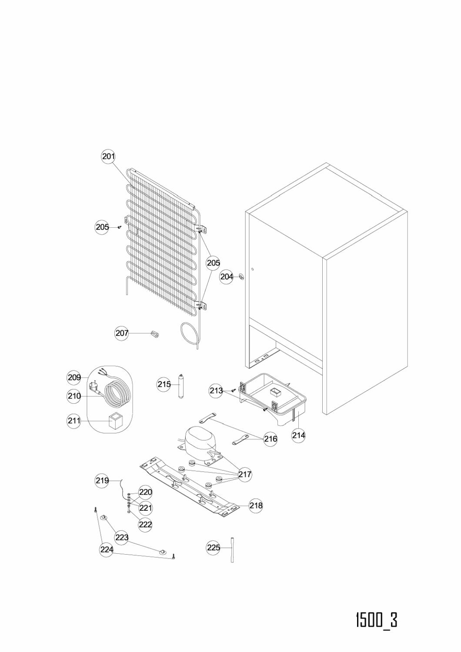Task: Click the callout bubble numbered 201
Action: [x=108, y=156]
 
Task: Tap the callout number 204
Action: [x=227, y=276]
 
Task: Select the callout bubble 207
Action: [x=122, y=333]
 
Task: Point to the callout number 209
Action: [x=74, y=378]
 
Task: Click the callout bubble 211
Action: [x=74, y=421]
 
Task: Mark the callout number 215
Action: [x=164, y=384]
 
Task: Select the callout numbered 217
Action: [x=244, y=474]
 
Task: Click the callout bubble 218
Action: [x=256, y=506]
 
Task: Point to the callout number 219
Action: [x=102, y=480]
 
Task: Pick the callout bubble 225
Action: [x=214, y=548]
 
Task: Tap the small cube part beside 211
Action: [x=114, y=421]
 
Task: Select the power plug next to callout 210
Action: [x=94, y=389]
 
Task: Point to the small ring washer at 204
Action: [x=241, y=276]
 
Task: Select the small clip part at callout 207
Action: [x=155, y=334]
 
